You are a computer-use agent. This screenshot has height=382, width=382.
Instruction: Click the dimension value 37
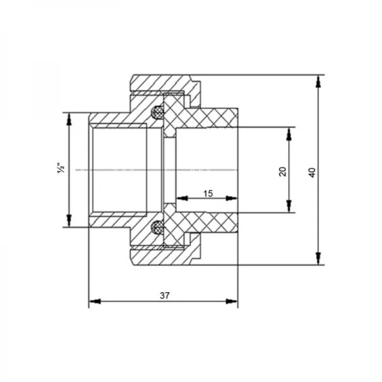(164, 295)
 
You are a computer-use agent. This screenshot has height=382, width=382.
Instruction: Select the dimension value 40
(312, 173)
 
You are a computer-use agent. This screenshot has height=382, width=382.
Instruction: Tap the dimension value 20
(283, 171)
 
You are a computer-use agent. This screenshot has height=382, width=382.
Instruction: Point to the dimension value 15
(208, 194)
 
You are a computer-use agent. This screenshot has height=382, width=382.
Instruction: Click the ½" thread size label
(61, 168)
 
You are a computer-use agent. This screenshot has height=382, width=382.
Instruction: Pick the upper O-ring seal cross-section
(157, 113)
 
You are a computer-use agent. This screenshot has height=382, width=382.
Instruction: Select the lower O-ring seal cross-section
(157, 227)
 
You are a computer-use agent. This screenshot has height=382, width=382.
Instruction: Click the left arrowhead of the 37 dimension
(95, 302)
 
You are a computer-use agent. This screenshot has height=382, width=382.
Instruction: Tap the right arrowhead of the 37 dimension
(232, 302)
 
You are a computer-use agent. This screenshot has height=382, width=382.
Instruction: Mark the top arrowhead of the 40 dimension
(318, 81)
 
